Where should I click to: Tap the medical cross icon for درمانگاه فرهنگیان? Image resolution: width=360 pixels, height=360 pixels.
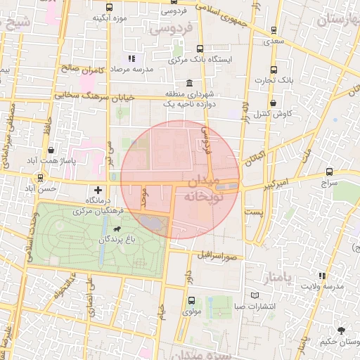point(98,190)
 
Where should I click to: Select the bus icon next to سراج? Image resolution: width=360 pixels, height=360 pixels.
point(329,172)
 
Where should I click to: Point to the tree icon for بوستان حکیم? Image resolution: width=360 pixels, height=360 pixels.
point(342,330)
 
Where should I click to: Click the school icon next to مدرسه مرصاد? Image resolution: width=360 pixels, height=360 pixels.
point(130,59)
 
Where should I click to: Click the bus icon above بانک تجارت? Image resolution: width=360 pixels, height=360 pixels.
point(274,70)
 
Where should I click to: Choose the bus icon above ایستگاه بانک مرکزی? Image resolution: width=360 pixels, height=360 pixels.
point(200,49)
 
